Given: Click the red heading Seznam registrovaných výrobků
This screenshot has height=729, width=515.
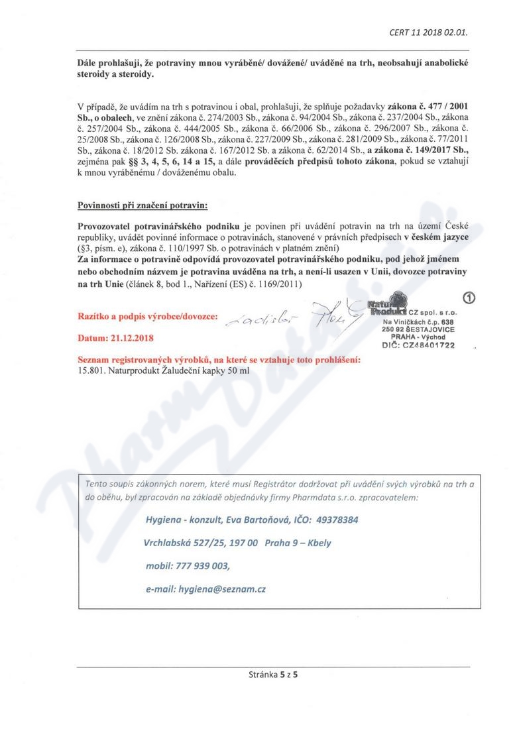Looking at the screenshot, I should pos(219,360).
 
